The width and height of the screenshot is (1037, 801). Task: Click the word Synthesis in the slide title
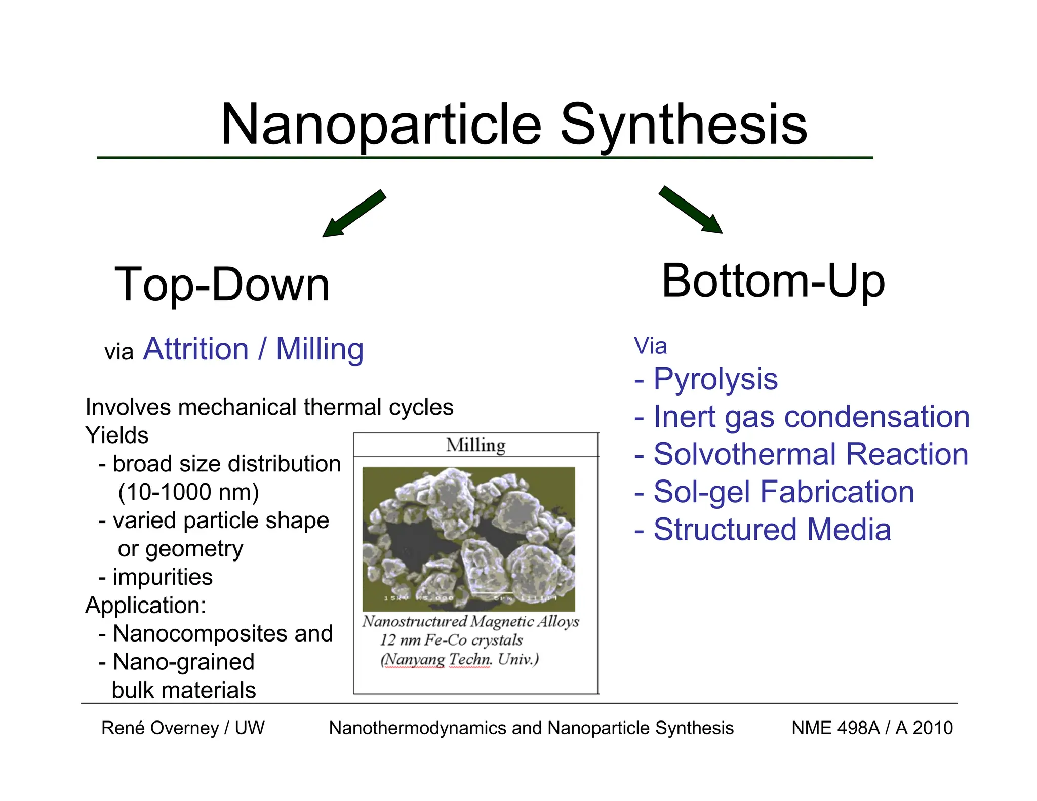(683, 125)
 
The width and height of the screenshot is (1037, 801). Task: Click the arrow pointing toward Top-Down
(354, 213)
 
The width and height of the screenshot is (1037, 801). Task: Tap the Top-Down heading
(222, 285)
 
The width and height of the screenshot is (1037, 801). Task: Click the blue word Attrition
(196, 349)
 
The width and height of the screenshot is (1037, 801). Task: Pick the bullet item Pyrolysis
(714, 379)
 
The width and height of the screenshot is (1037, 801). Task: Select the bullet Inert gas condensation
(811, 417)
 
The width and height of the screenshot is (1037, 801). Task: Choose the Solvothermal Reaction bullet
(810, 454)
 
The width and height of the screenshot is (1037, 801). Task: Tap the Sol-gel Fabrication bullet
(783, 492)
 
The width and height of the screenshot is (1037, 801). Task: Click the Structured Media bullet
(771, 530)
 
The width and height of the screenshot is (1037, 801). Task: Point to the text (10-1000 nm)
(188, 492)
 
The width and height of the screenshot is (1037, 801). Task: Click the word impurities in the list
(162, 577)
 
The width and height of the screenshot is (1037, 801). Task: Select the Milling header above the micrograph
(475, 445)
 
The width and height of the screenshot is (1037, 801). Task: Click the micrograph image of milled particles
(468, 539)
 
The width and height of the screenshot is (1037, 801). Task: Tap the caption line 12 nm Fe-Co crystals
(451, 640)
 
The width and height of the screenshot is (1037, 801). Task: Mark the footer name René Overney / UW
(183, 728)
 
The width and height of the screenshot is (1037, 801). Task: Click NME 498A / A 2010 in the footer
(872, 728)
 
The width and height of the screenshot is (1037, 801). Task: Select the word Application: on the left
(146, 606)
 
